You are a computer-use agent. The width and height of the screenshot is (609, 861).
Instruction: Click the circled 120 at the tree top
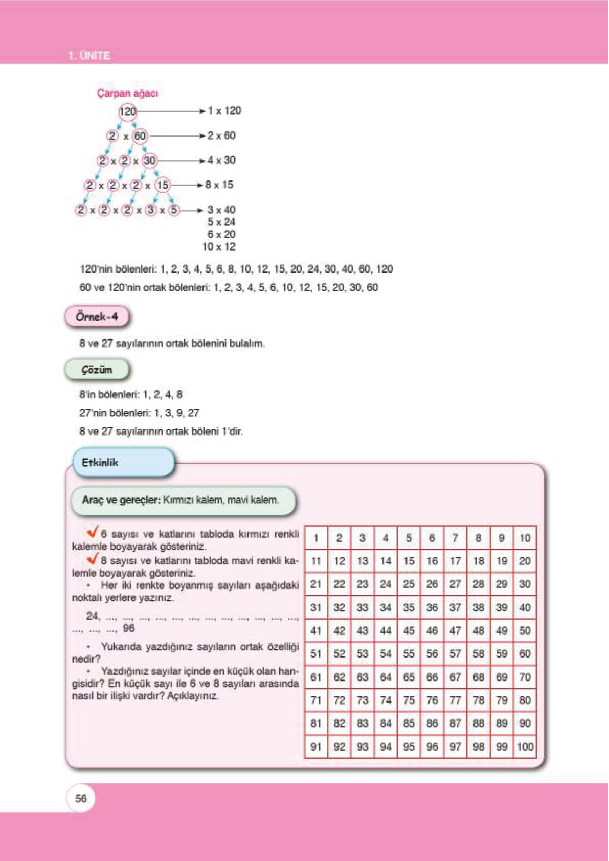pos(128,111)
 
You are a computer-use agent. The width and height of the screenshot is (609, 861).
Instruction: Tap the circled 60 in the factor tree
pos(140,136)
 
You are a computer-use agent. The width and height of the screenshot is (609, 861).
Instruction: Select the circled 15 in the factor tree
pos(163,185)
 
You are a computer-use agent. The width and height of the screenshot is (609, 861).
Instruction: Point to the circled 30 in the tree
pos(149,161)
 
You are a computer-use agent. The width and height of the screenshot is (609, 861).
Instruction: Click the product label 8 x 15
pos(219,185)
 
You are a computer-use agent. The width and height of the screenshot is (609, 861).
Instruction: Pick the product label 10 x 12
pos(219,246)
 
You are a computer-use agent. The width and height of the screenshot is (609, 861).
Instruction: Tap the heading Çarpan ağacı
pos(127,93)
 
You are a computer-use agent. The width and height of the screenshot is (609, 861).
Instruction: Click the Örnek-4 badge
pos(97,316)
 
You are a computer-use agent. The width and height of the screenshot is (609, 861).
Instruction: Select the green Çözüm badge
pos(97,370)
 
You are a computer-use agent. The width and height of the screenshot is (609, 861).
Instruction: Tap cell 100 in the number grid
pos(525,746)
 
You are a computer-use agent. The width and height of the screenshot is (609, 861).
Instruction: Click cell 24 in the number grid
pos(386,584)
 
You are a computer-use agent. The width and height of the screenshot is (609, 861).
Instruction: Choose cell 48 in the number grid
pos(478,630)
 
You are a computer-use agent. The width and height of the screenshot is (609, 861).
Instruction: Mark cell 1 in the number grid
pos(316,538)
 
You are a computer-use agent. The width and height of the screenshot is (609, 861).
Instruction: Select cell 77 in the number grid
pos(455,700)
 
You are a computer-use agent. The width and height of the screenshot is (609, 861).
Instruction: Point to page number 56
pos(81,798)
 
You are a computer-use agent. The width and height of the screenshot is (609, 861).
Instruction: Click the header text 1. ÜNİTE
pos(88,55)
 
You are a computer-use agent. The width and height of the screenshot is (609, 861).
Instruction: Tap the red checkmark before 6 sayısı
pos(93,532)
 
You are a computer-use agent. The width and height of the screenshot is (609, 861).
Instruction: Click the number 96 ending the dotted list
pos(129,628)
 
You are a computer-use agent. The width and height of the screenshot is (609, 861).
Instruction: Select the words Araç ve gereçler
pos(121,500)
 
